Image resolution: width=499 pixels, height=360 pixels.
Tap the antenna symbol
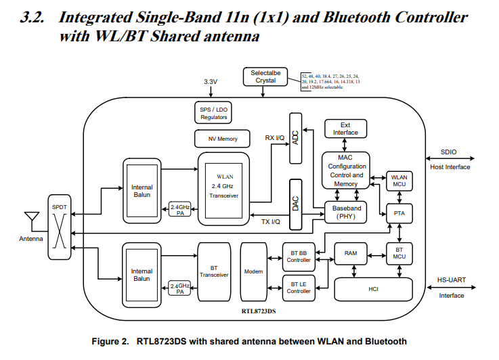[30, 219]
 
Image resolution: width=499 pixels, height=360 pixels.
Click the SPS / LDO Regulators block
[214, 113]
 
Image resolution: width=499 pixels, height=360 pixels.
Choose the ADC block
[295, 138]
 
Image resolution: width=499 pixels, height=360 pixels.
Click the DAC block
[295, 204]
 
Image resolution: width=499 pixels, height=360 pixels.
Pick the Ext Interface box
[345, 129]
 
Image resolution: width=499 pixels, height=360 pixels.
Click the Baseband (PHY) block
[347, 212]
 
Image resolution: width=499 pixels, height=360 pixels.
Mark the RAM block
[351, 253]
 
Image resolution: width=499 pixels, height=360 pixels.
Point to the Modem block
[254, 271]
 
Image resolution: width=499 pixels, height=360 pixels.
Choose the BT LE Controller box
[299, 287]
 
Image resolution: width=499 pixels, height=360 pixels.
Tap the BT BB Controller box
[299, 256]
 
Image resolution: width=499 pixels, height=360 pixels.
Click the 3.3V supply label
[211, 82]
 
